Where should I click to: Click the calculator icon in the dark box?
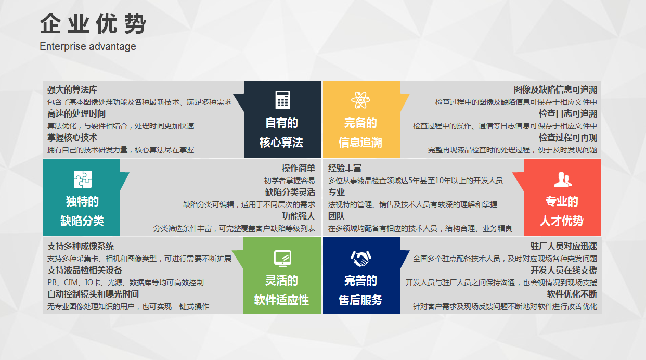tap(282, 100)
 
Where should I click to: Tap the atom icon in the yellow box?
tap(360, 100)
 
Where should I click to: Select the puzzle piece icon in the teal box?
tap(83, 179)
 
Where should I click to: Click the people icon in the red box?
tap(563, 179)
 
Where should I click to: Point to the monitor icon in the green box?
tap(282, 259)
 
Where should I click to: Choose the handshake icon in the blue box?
tap(360, 258)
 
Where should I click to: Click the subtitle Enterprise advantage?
tap(88, 46)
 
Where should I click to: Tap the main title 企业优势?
tap(93, 23)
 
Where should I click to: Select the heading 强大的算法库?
tap(72, 89)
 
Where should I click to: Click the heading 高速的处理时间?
tap(76, 113)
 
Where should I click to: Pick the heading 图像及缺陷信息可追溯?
tap(555, 89)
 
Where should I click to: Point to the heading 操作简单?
tap(299, 168)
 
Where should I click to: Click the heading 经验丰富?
tap(345, 168)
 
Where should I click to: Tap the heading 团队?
tap(337, 216)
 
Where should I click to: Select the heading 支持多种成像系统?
tap(81, 247)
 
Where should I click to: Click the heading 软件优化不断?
tap(572, 294)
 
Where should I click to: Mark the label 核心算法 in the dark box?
tap(281, 143)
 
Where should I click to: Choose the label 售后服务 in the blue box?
tap(360, 300)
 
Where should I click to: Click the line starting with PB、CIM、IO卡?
tap(125, 282)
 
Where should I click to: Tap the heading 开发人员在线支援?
tap(564, 271)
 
